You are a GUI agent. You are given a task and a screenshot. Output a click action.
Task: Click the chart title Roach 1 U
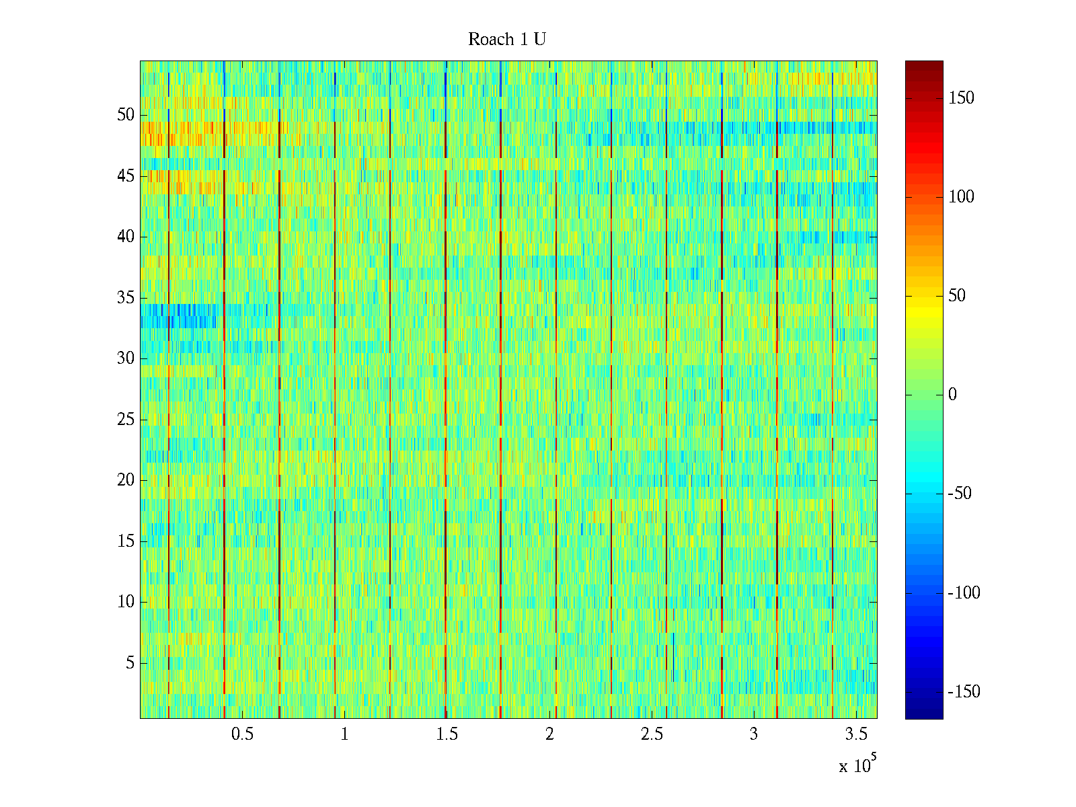[506, 40]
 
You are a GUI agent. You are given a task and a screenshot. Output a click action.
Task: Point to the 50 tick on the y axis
[126, 115]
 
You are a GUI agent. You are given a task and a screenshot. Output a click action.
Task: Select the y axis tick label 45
[126, 176]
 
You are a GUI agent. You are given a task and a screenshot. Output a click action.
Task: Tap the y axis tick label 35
[126, 298]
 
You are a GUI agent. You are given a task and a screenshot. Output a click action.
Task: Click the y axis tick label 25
[126, 420]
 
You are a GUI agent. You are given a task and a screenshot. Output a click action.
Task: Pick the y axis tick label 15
[126, 541]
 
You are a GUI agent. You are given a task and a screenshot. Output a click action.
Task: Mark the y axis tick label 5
[130, 663]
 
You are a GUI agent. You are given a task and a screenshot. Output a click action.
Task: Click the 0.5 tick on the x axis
[242, 734]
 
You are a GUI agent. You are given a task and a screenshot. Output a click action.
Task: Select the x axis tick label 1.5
[447, 734]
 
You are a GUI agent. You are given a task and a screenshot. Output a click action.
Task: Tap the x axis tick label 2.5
[652, 734]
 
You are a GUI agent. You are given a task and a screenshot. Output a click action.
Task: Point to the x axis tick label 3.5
[856, 734]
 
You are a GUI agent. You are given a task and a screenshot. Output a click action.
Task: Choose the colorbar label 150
[961, 98]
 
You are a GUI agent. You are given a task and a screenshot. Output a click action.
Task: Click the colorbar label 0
[952, 395]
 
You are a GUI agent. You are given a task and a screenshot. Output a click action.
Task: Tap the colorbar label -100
[964, 593]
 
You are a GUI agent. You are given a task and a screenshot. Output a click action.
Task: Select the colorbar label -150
[964, 692]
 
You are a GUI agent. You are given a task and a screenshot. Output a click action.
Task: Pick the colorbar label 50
[957, 296]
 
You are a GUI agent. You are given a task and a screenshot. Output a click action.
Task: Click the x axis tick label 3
[754, 734]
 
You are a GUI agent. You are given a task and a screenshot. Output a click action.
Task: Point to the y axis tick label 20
[126, 480]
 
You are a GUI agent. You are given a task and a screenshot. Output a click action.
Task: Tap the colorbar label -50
[960, 494]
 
